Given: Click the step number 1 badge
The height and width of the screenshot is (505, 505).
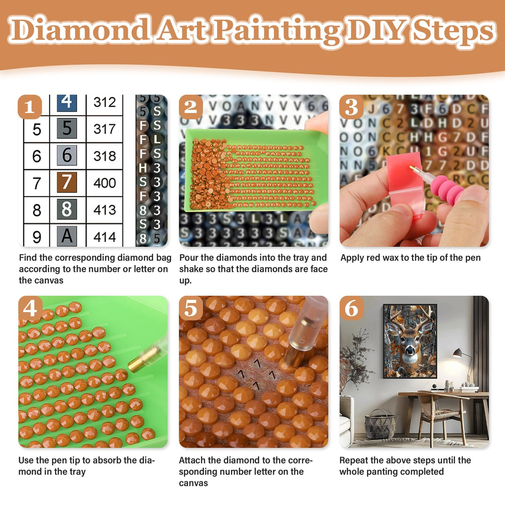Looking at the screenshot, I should (30, 107).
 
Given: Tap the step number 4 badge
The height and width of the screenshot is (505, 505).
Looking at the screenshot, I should (30, 309).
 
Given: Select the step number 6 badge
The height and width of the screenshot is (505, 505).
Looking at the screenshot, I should (352, 309).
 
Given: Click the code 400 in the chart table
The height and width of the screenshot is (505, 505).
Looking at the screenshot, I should (104, 183).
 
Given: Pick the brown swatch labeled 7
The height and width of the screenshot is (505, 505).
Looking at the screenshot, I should (67, 183).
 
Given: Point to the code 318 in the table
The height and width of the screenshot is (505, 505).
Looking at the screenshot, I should (104, 156).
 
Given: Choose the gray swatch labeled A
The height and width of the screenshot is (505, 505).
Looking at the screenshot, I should (67, 236).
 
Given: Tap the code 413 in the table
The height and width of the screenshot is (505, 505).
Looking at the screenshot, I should (104, 210).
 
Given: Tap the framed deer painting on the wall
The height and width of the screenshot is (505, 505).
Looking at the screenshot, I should (410, 341).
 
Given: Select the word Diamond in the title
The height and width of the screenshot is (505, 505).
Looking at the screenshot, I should (79, 30).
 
